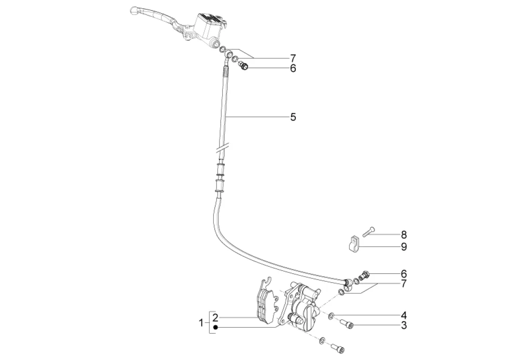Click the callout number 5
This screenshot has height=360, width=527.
click(x=293, y=117)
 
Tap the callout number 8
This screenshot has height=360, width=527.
click(x=404, y=235)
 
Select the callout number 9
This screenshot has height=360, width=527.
click(x=404, y=247)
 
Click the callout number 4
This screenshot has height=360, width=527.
click(x=404, y=315)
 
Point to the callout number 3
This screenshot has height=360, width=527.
click(x=404, y=325)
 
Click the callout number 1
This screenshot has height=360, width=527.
click(x=201, y=323)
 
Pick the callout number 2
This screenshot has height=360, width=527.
click(x=215, y=317)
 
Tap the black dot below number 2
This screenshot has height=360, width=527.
click(x=215, y=327)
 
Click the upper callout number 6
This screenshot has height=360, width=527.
click(x=293, y=68)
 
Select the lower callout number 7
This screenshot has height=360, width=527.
click(x=404, y=284)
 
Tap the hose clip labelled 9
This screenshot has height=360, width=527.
click(x=353, y=244)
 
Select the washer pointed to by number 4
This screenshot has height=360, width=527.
click(x=331, y=315)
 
